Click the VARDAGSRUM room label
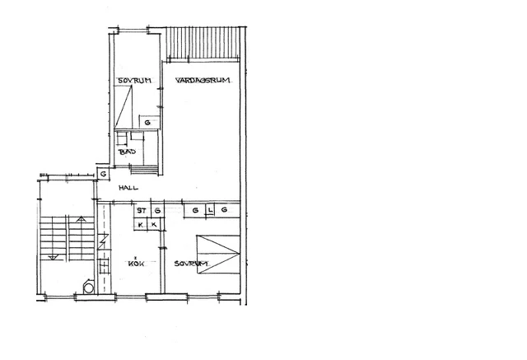pyautogui.click(x=203, y=80)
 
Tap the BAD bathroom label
pyautogui.click(x=126, y=152)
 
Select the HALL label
pyautogui.click(x=128, y=189)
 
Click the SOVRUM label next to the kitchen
pyautogui.click(x=191, y=264)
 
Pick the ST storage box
pyautogui.click(x=141, y=211)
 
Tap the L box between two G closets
pyautogui.click(x=210, y=211)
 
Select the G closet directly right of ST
pyautogui.click(x=156, y=211)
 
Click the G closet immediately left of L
pyautogui.click(x=195, y=211)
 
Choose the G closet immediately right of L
pyautogui.click(x=225, y=211)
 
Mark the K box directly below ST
pyautogui.click(x=141, y=224)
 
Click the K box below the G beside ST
pyautogui.click(x=155, y=224)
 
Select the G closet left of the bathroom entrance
pyautogui.click(x=104, y=174)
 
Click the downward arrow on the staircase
pyautogui.click(x=54, y=257)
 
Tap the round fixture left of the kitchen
pyautogui.click(x=89, y=288)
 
